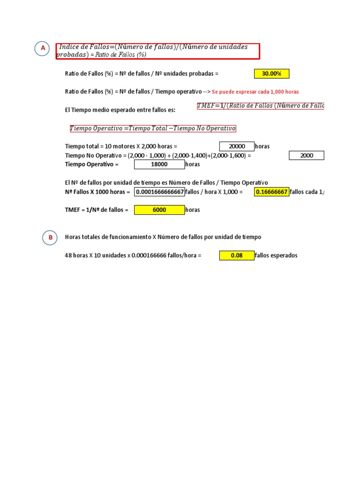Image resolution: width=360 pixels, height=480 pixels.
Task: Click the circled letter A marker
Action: pyautogui.click(x=43, y=48)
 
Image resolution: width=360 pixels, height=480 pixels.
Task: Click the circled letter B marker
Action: pyautogui.click(x=50, y=238)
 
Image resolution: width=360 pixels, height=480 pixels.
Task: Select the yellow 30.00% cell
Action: pyautogui.click(x=271, y=74)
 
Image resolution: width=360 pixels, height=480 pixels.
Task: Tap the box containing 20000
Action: pyautogui.click(x=237, y=146)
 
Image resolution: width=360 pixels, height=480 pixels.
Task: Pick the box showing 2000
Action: pyautogui.click(x=307, y=156)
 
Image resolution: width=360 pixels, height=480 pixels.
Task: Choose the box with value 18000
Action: pyautogui.click(x=159, y=165)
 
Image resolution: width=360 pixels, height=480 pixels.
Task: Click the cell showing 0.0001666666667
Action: pyautogui.click(x=159, y=192)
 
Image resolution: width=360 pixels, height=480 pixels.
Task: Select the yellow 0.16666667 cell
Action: pyautogui.click(x=271, y=192)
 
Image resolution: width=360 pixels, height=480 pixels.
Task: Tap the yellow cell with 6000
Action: pyautogui.click(x=159, y=210)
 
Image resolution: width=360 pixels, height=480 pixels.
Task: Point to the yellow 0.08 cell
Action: pyautogui.click(x=237, y=255)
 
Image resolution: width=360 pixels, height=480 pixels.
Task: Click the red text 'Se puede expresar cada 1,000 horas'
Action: pyautogui.click(x=255, y=92)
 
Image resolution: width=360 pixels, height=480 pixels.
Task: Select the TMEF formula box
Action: pyautogui.click(x=261, y=106)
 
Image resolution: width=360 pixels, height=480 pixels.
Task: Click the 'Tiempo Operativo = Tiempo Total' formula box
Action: pyautogui.click(x=153, y=128)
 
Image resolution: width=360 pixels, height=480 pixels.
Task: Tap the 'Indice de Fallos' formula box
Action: pyautogui.click(x=157, y=51)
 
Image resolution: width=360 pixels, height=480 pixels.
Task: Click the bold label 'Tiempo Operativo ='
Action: pyautogui.click(x=92, y=165)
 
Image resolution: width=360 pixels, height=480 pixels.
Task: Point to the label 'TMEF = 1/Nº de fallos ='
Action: pyautogui.click(x=97, y=210)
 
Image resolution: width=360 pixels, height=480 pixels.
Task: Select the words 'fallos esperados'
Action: pyautogui.click(x=276, y=255)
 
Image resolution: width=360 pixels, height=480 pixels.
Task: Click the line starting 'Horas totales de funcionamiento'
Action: pyautogui.click(x=163, y=237)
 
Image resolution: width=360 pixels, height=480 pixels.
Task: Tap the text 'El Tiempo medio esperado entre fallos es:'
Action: pyautogui.click(x=120, y=110)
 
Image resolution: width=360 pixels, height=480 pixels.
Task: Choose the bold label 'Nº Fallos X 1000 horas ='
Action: pyautogui.click(x=97, y=192)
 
